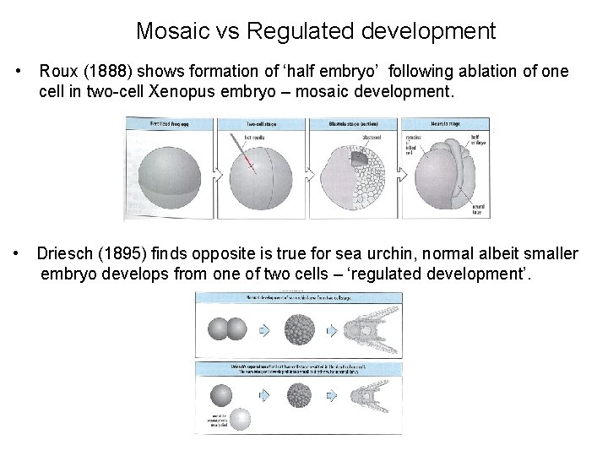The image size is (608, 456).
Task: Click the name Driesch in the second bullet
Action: pos(65,254)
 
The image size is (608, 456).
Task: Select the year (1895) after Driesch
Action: pos(122,254)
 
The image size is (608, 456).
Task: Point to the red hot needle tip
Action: pos(252,166)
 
